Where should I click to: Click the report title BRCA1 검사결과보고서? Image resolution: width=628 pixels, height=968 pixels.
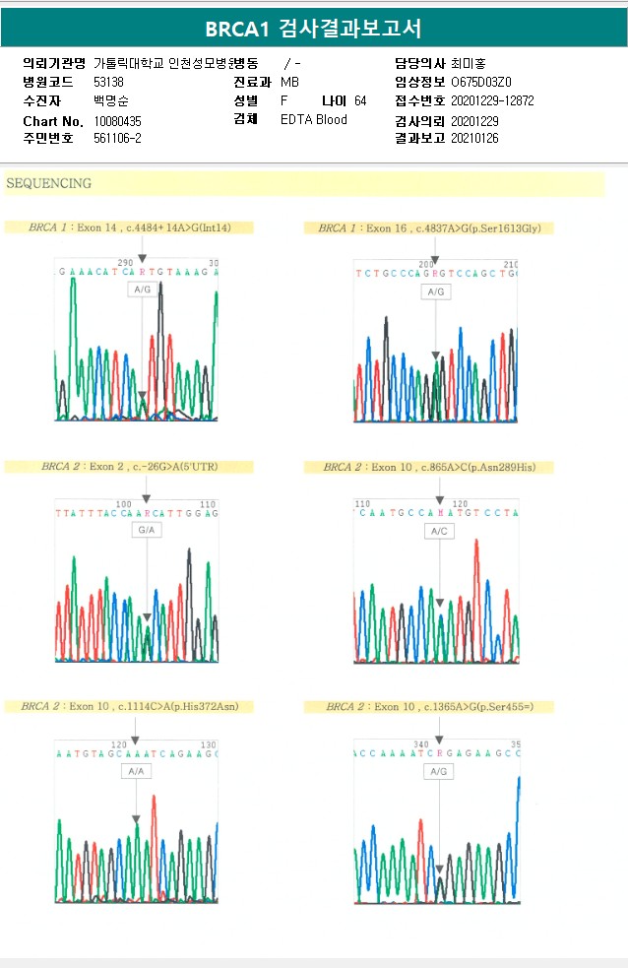coord(313,29)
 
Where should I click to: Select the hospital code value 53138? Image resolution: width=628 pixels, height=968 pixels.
coord(109,82)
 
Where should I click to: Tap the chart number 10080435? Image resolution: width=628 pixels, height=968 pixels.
coord(117,120)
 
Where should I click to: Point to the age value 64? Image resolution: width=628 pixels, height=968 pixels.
coord(360,100)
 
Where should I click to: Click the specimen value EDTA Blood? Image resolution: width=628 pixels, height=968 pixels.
coord(313,119)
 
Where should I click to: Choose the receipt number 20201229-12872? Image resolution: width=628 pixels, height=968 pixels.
coord(492,100)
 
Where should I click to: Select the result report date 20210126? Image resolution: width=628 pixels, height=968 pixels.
coord(474,138)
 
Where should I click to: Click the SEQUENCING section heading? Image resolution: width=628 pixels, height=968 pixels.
coord(48,183)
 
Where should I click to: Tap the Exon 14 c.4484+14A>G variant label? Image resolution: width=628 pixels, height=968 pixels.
coord(130,227)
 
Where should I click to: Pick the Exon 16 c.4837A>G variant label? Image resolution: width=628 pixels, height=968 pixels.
coord(429,227)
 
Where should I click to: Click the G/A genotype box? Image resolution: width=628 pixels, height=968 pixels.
coord(147,530)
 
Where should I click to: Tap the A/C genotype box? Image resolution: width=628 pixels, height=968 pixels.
coord(439,531)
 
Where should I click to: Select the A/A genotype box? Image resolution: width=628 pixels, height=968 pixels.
coord(135,771)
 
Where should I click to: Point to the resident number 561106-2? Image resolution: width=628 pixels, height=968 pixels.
coord(117,138)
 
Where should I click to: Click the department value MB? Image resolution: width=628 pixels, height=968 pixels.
coord(290,82)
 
